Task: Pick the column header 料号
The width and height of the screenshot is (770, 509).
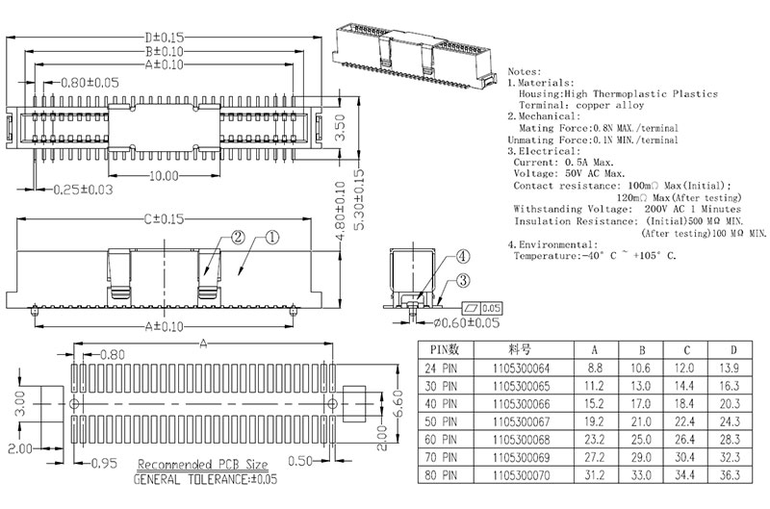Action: pos(522,349)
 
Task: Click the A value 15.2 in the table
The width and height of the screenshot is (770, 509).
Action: pos(595,404)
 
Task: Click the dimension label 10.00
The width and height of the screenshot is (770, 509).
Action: pos(164,175)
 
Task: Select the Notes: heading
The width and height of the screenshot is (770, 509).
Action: pos(524,72)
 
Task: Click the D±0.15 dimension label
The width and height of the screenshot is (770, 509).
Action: pos(163,37)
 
